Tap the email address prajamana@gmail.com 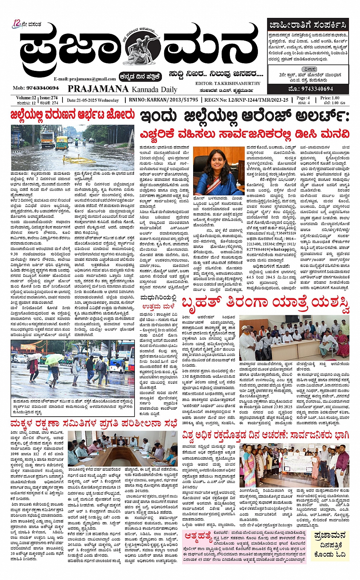pyautogui.click(x=85, y=79)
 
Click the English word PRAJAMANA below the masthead pyautogui.click(x=98, y=89)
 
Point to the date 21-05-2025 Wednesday pyautogui.click(x=93, y=101)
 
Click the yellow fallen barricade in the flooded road pyautogui.click(x=62, y=141)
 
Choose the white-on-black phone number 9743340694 pyautogui.click(x=311, y=89)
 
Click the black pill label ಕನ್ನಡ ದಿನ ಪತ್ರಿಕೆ pyautogui.click(x=140, y=76)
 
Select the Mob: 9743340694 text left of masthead pyautogui.click(x=36, y=88)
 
